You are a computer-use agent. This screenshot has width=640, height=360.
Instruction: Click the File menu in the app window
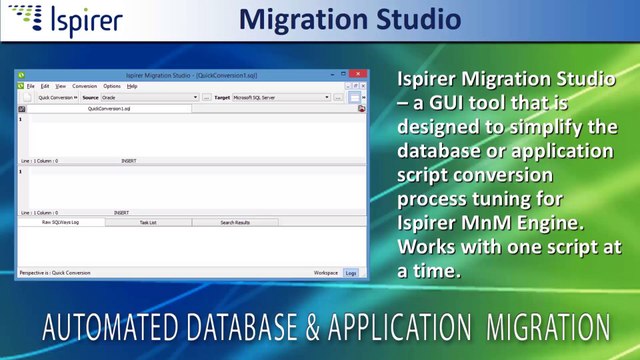click(30, 87)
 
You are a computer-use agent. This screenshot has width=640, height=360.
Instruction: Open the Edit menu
click(44, 87)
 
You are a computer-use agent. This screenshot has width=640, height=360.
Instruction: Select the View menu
click(60, 87)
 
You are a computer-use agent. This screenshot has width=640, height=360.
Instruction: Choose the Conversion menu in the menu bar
click(85, 87)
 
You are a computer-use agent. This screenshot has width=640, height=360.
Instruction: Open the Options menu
click(112, 87)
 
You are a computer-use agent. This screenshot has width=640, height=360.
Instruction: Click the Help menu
click(132, 87)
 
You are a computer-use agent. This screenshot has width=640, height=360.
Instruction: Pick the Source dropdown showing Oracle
click(149, 98)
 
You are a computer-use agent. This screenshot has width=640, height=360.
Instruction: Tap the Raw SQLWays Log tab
click(61, 222)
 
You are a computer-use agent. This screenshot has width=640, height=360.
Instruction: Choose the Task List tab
click(148, 222)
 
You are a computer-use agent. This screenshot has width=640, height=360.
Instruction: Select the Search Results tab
click(235, 222)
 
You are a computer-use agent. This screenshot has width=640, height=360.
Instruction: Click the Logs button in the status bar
click(351, 272)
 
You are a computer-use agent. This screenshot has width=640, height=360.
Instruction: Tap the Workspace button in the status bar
click(326, 272)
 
